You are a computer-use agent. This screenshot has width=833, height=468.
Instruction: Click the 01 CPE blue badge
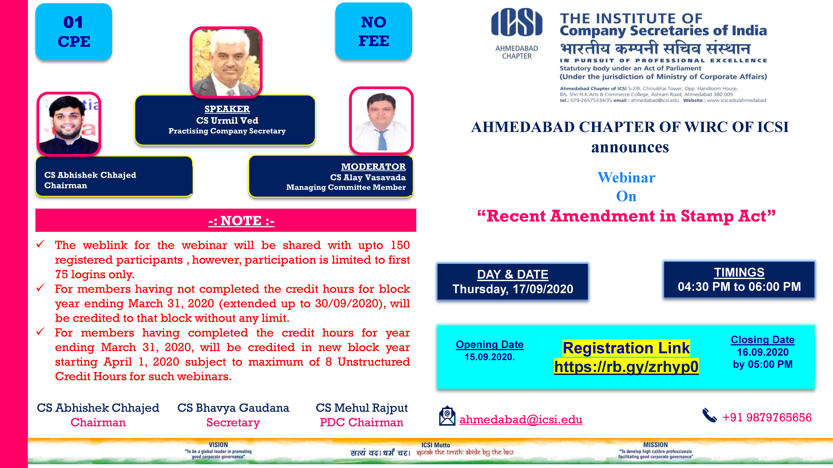tap(74, 32)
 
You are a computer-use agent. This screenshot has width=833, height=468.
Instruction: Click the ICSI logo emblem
tap(516, 22)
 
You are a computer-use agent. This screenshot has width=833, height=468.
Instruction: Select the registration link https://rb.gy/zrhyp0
tap(626, 367)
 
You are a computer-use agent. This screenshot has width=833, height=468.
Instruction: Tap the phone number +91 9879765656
tap(767, 417)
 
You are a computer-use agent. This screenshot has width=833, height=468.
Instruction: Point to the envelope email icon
tap(447, 416)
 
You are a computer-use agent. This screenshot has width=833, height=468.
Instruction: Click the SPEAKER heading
tap(227, 109)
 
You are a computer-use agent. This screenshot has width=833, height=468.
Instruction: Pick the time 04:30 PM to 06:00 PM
tap(739, 287)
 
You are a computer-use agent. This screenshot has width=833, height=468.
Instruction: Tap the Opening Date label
tap(490, 344)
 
